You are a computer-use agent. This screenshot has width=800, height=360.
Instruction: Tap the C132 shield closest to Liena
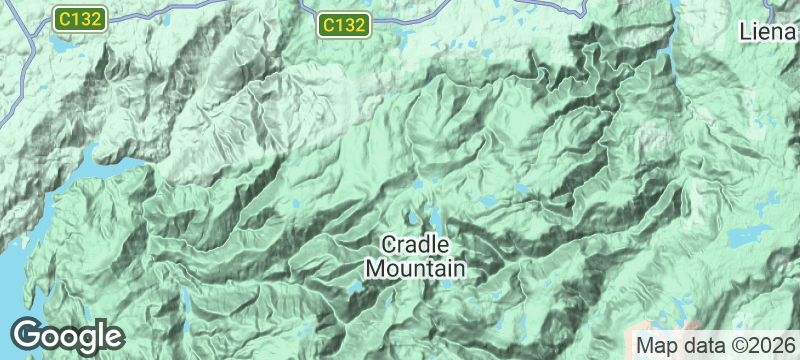pyautogui.click(x=345, y=24)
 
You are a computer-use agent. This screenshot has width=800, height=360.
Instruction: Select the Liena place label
pyautogui.click(x=769, y=31)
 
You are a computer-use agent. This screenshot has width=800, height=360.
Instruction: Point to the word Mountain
pyautogui.click(x=415, y=268)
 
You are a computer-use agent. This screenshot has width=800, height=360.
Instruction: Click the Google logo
pyautogui.click(x=67, y=335)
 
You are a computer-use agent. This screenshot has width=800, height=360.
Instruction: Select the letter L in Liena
pyautogui.click(x=746, y=31)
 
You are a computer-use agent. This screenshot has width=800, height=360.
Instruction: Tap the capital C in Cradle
pyautogui.click(x=390, y=245)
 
